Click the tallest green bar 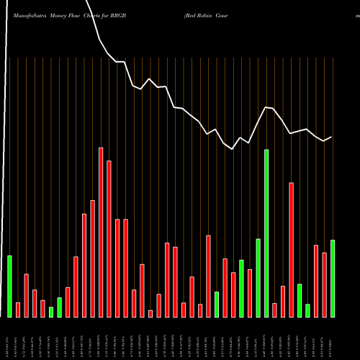tap(266, 233)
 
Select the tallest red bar tap(101, 232)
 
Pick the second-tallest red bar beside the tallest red tap(109, 238)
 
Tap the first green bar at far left tap(9, 286)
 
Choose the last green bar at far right tap(333, 278)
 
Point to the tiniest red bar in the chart tap(150, 313)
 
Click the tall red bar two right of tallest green tap(292, 249)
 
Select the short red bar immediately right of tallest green tap(275, 310)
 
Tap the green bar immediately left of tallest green tap(258, 277)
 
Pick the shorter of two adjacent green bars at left tap(51, 312)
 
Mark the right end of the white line tap(331, 137)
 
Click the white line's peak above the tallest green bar tap(266, 107)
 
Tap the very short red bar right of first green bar tap(18, 310)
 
